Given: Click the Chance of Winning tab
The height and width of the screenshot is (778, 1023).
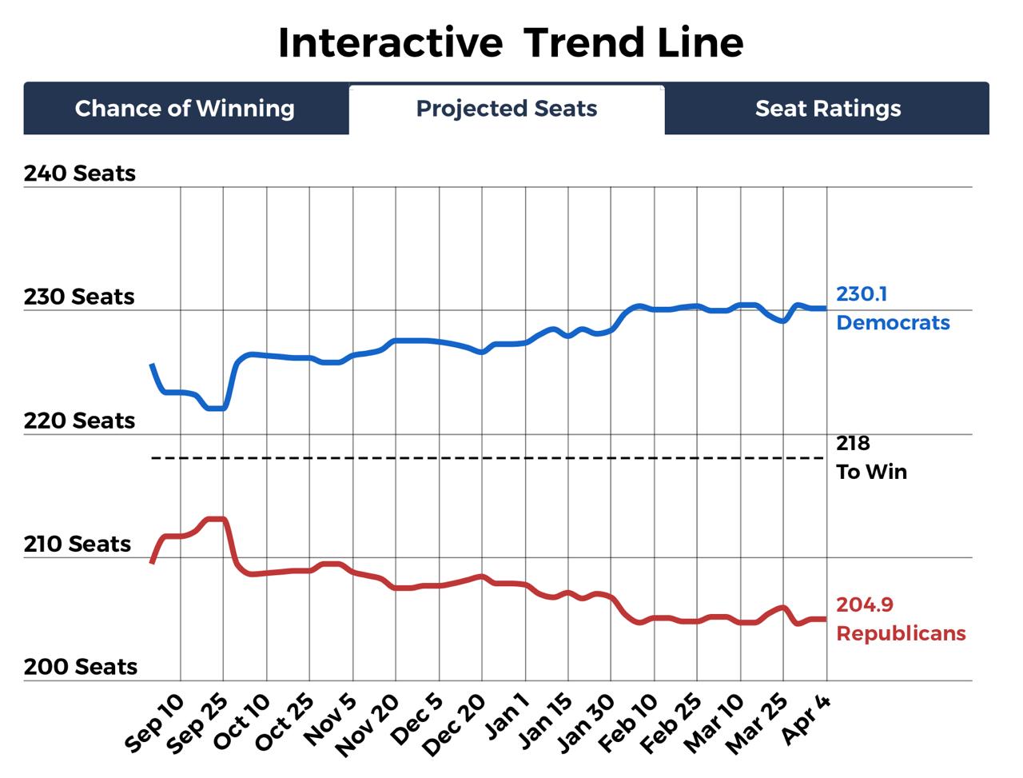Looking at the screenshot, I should pos(185,109).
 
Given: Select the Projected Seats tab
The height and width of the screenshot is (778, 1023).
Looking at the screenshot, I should pos(507,109).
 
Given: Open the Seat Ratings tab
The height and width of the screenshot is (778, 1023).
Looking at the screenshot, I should pos(828,109).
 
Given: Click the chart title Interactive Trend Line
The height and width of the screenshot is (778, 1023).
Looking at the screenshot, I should pos(511,42).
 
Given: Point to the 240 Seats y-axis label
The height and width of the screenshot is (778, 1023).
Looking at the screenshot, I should pos(80,174).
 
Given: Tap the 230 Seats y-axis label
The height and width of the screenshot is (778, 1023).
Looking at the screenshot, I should pos(79,297).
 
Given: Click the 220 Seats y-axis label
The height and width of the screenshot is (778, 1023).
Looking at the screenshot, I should pos(79,421).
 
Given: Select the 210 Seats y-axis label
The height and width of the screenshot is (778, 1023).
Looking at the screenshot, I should pos(78,544).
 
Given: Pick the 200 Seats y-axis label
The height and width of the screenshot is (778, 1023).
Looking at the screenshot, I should pos(80,667).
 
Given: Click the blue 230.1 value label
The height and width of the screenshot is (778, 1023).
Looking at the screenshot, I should pos(862,294).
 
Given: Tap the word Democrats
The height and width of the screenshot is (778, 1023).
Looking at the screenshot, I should pos(893,323).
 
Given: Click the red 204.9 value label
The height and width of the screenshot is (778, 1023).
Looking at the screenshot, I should pos(865,605).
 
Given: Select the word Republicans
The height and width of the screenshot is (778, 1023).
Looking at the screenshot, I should pos(901,634).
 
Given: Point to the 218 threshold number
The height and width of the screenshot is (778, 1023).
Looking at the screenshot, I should pos(853,444).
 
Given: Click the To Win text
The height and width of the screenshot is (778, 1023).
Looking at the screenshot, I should pos(871,473).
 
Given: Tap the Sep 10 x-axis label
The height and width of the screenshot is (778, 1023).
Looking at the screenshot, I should pos(157,723).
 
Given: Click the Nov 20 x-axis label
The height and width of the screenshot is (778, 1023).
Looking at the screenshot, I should pos(368,724).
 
